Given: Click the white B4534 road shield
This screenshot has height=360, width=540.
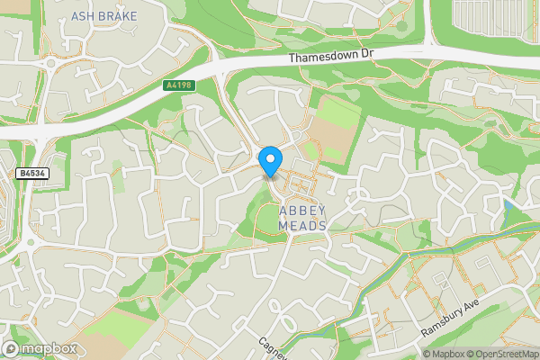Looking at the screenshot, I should (31, 172).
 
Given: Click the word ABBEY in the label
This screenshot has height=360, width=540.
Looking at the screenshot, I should (301, 211).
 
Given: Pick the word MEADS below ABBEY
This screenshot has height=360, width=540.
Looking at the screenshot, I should (301, 225).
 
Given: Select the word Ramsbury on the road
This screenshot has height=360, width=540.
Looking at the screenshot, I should (449, 321).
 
